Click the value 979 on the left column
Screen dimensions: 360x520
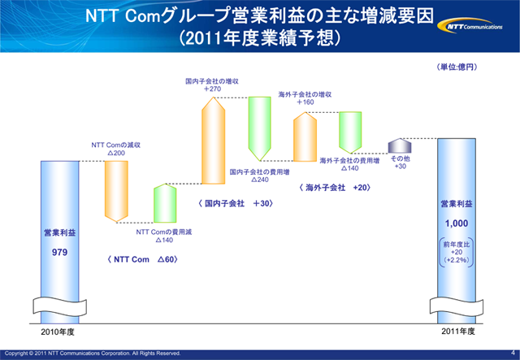click(60, 252)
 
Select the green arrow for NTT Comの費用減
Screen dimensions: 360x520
click(165, 203)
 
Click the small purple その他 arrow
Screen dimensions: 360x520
click(399, 145)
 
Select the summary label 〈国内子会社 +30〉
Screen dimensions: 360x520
click(236, 203)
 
